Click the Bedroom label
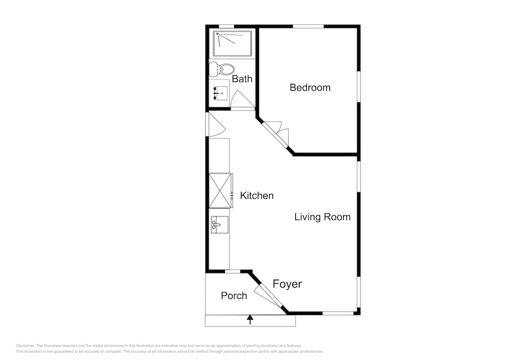[310, 87]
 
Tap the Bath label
[242, 78]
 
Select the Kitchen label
[257, 196]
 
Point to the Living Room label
[322, 217]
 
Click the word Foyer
[287, 284]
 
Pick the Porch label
[234, 295]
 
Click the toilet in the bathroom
[222, 69]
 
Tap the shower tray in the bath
[233, 43]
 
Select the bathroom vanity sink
[219, 93]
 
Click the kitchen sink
[219, 225]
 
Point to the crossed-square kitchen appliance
[220, 190]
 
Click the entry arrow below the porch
[250, 320]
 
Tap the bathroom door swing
[242, 99]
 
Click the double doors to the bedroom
[275, 134]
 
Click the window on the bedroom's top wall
[308, 26]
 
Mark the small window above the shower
[227, 26]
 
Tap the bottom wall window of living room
[337, 313]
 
